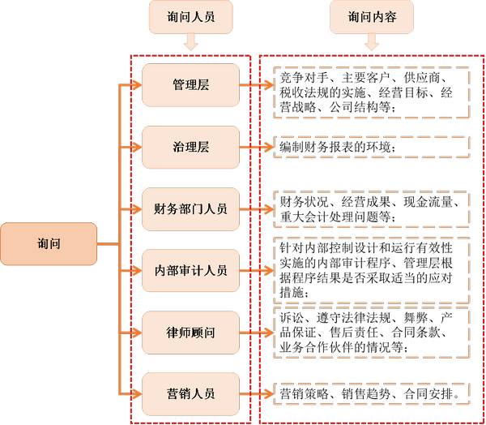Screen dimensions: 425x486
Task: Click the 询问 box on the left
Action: (49, 243)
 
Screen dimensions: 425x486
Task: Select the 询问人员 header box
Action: (190, 16)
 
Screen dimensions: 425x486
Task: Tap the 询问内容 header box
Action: (372, 16)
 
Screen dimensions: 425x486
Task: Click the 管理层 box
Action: (190, 84)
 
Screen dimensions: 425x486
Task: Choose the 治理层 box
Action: (190, 147)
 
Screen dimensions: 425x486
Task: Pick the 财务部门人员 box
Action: (190, 208)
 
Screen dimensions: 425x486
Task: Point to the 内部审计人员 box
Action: (190, 270)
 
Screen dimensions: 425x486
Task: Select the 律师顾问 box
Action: (190, 333)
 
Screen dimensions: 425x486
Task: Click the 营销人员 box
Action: (190, 394)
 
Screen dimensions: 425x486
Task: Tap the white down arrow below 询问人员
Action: (190, 43)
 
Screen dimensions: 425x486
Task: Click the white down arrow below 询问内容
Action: (372, 43)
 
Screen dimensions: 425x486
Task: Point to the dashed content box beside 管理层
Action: (372, 92)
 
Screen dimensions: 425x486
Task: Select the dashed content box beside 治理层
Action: (372, 147)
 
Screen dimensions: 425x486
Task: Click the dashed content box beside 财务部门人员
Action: (372, 209)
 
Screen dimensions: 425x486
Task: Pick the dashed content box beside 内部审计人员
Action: (372, 270)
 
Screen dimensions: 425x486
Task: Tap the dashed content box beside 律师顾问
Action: (372, 333)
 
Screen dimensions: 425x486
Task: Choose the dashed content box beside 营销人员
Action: (372, 393)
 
